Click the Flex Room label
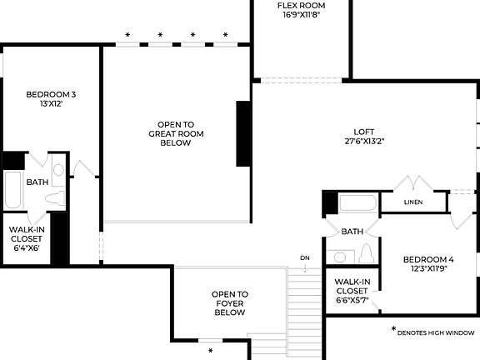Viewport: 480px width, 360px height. pyautogui.click(x=301, y=5)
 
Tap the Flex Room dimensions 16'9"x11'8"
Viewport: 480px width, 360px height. pyautogui.click(x=301, y=15)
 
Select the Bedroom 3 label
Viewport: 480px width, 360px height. pyautogui.click(x=51, y=94)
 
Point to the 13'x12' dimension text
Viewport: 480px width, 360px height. pyautogui.click(x=51, y=105)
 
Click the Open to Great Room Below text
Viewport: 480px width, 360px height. pyautogui.click(x=176, y=133)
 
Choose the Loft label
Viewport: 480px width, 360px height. pyautogui.click(x=362, y=131)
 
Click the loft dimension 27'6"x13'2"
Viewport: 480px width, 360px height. pyautogui.click(x=362, y=142)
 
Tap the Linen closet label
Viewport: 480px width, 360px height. pyautogui.click(x=412, y=202)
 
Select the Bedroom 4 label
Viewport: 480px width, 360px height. pyautogui.click(x=428, y=258)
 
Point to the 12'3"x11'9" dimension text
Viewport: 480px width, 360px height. pyautogui.click(x=428, y=269)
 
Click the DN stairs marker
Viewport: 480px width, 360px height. pyautogui.click(x=305, y=257)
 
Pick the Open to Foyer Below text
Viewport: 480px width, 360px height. pyautogui.click(x=229, y=303)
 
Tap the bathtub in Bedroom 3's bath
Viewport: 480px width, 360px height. pyautogui.click(x=12, y=191)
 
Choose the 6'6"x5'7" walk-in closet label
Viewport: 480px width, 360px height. pyautogui.click(x=352, y=291)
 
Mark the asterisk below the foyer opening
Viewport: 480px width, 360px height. pyautogui.click(x=211, y=351)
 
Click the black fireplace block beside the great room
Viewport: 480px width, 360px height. pyautogui.click(x=243, y=133)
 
